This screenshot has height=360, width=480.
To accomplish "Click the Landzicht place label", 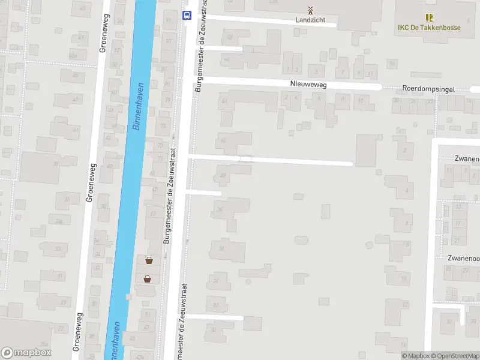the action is pyautogui.click(x=310, y=19).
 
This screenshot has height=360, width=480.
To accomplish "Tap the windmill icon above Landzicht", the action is pyautogui.click(x=310, y=10).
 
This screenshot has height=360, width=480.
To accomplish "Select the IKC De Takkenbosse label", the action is pyautogui.click(x=429, y=27).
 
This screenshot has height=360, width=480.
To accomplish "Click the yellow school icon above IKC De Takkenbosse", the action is pyautogui.click(x=429, y=17).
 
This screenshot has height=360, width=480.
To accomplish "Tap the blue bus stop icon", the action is pyautogui.click(x=187, y=15).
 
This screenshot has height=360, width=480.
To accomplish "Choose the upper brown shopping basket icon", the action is pyautogui.click(x=148, y=260).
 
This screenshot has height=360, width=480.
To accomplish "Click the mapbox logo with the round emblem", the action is pyautogui.click(x=26, y=353).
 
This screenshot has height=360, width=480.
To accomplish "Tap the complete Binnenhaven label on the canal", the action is pyautogui.click(x=139, y=106).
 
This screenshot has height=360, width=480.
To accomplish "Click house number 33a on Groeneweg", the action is pyautogui.click(x=59, y=221).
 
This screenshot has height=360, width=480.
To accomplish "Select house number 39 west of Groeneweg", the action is pyautogui.click(x=56, y=163).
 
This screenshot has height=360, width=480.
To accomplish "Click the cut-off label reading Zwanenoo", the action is pyautogui.click(x=463, y=258).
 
